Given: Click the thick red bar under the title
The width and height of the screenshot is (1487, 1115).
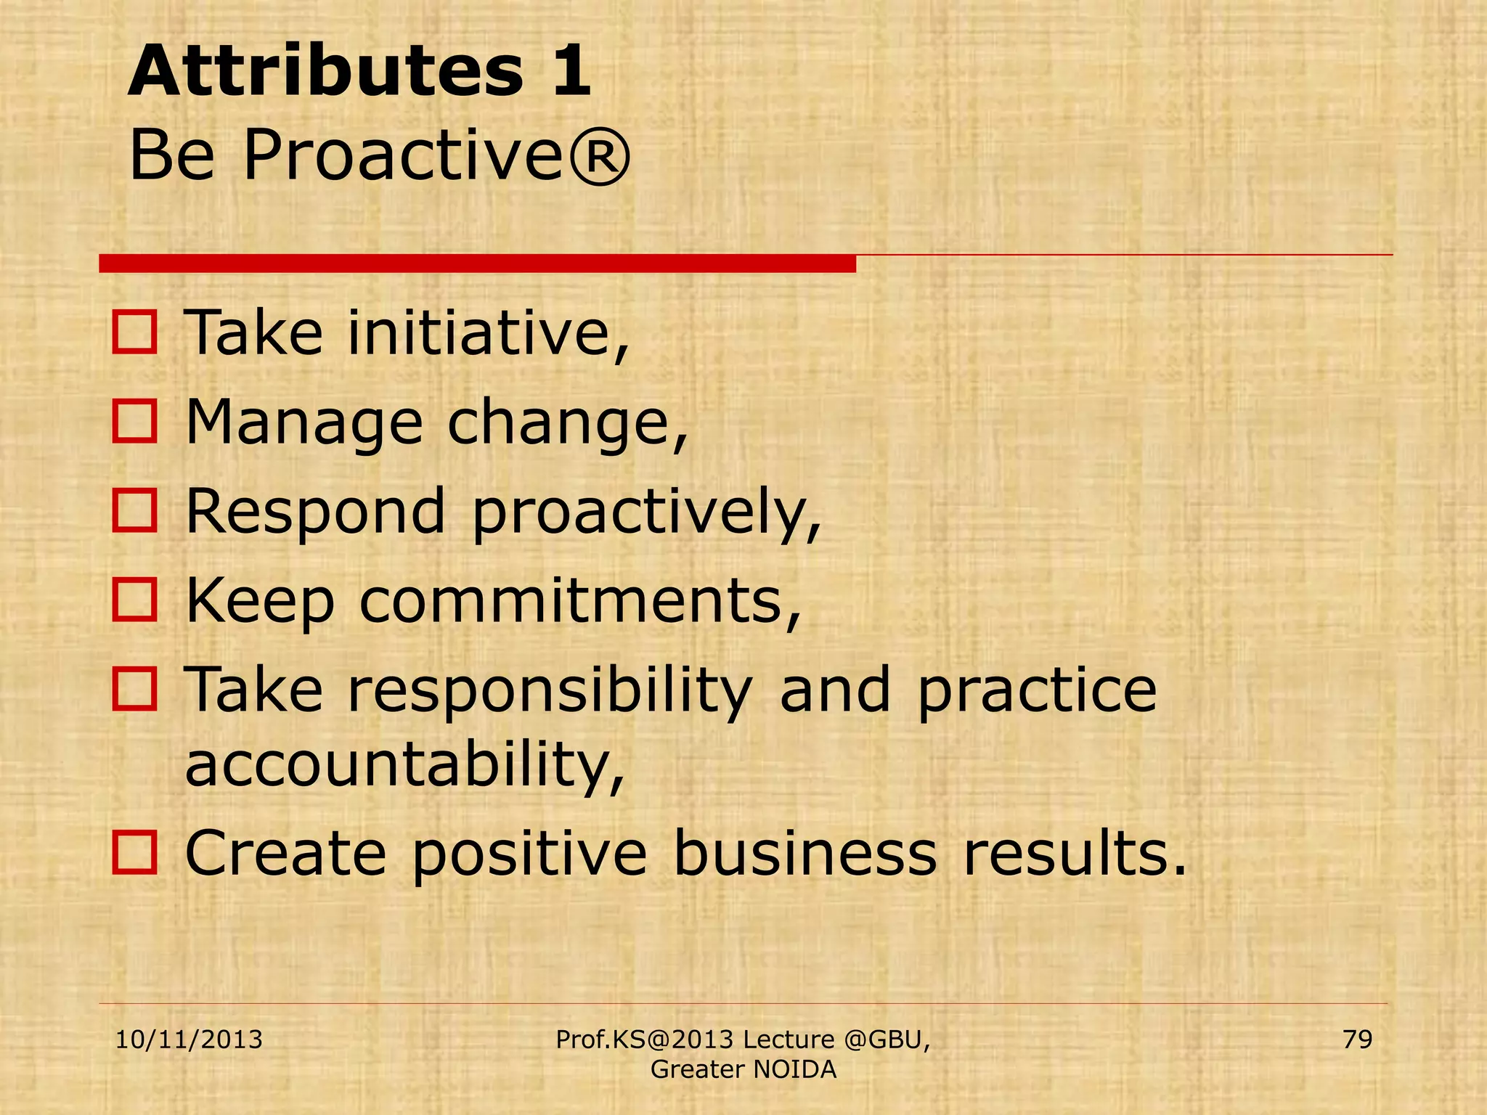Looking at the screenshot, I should point(477,264).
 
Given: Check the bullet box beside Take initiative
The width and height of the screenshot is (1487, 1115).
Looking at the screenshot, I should point(134,332).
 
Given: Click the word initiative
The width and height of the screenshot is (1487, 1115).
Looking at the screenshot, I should point(488,332).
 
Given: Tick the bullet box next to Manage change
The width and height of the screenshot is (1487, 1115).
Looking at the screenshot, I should point(134,422).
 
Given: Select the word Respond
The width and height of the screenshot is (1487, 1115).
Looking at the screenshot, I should point(315,511).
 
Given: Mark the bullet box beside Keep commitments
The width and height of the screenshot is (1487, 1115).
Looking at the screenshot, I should point(134,600).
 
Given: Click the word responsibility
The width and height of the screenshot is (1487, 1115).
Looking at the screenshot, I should point(550,690).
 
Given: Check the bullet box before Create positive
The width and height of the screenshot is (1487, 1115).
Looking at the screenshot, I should point(134,852).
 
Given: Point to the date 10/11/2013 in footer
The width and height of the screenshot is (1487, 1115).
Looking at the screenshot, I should point(189,1040).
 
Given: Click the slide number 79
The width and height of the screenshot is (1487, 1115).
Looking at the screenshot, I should point(1357,1040).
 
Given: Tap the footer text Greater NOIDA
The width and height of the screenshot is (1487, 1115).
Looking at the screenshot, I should point(743,1069).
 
